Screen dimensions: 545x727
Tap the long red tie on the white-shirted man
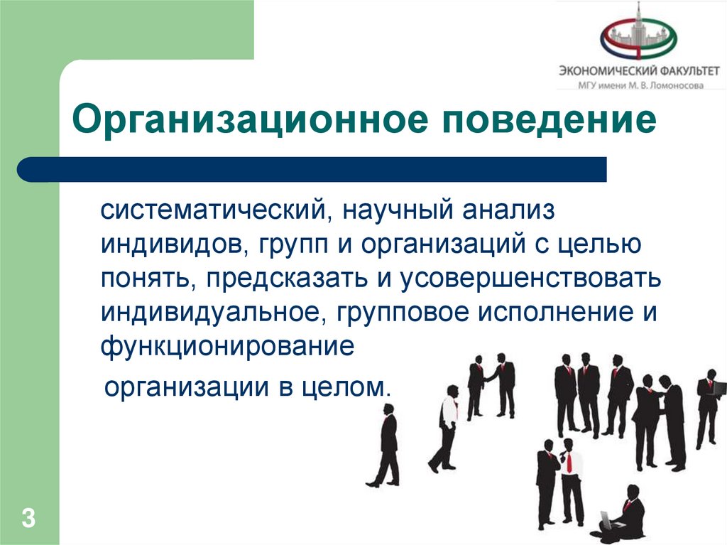[x=568, y=462]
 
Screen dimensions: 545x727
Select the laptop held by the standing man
[x=718, y=388]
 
